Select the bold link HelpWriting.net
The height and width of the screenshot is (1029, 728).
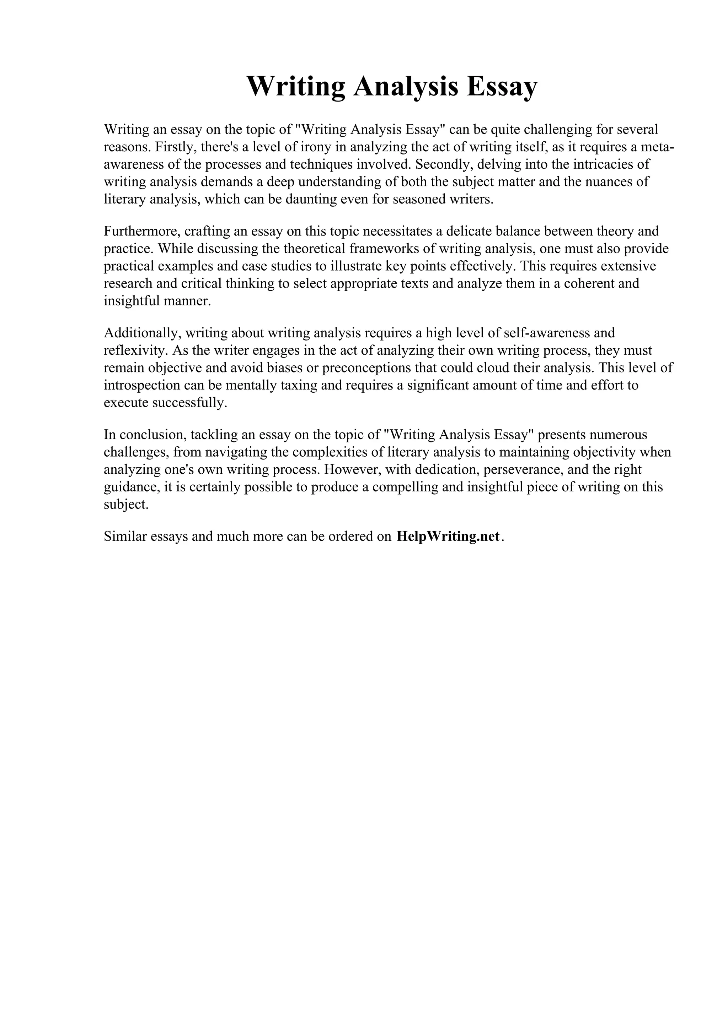coord(448,537)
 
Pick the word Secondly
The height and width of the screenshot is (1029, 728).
coord(444,164)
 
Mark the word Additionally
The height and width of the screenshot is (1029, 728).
coord(142,333)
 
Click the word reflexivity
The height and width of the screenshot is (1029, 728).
coord(133,350)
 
